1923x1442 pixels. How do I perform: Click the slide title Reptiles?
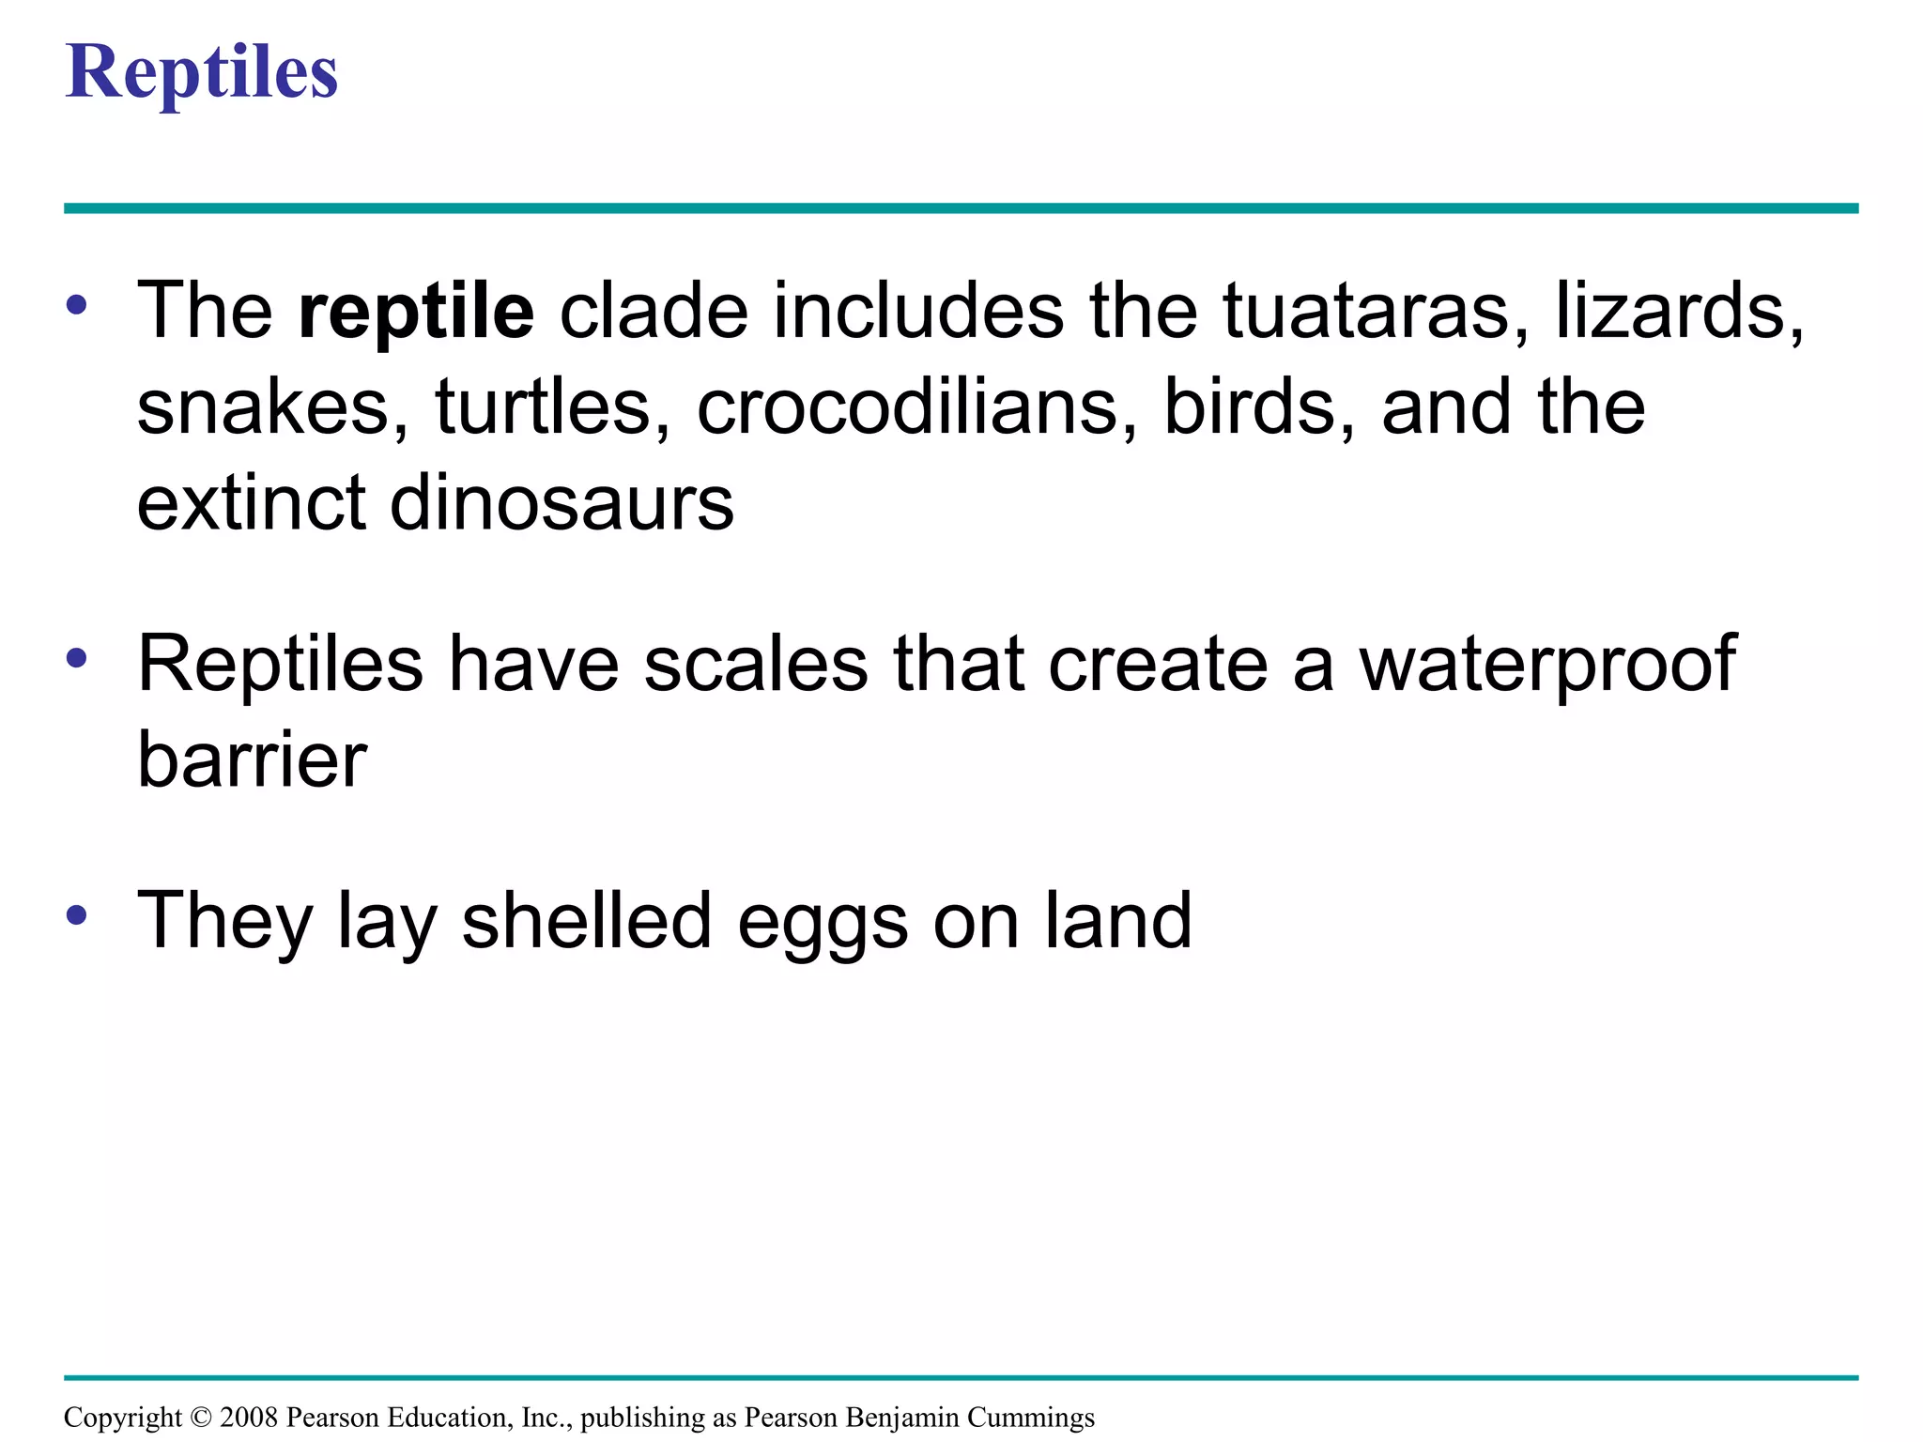coord(201,72)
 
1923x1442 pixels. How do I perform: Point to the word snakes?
coord(271,407)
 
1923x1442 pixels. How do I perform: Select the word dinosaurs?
coord(561,504)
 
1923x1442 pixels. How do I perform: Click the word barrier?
coord(252,759)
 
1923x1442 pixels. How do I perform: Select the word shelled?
coord(586,921)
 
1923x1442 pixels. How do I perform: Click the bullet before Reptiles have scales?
coord(77,658)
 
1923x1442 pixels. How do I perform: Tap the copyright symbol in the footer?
coord(201,1418)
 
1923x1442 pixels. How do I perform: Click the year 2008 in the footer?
coord(249,1418)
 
